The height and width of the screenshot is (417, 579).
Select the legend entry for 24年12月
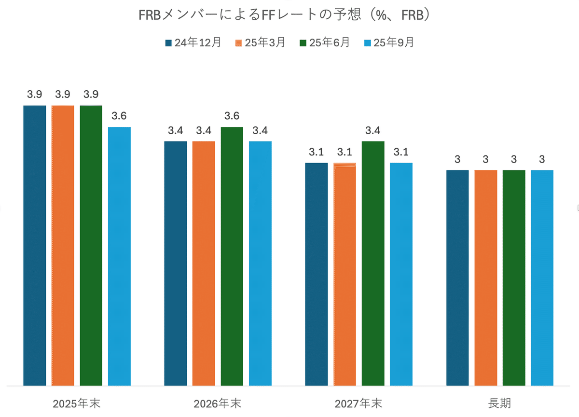193,42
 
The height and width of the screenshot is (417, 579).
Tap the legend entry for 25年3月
260,42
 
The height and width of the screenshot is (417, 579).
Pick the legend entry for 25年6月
325,42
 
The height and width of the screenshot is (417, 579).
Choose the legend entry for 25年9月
389,42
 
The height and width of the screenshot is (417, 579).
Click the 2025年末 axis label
77,403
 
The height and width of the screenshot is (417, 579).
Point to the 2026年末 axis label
218,403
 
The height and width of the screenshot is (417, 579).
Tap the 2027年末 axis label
358,403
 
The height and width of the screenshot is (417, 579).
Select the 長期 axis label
499,403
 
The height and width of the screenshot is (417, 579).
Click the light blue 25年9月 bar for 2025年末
119,256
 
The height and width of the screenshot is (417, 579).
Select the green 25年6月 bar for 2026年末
232,256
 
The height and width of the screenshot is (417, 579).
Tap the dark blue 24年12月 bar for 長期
457,278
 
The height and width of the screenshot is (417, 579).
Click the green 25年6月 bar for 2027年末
373,263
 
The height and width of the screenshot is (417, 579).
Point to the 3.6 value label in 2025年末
119,116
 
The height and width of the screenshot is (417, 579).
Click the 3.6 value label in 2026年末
232,116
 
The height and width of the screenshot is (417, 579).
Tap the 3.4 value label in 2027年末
373,131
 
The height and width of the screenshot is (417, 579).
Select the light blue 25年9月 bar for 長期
542,278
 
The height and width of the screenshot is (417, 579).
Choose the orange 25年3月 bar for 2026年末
204,263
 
